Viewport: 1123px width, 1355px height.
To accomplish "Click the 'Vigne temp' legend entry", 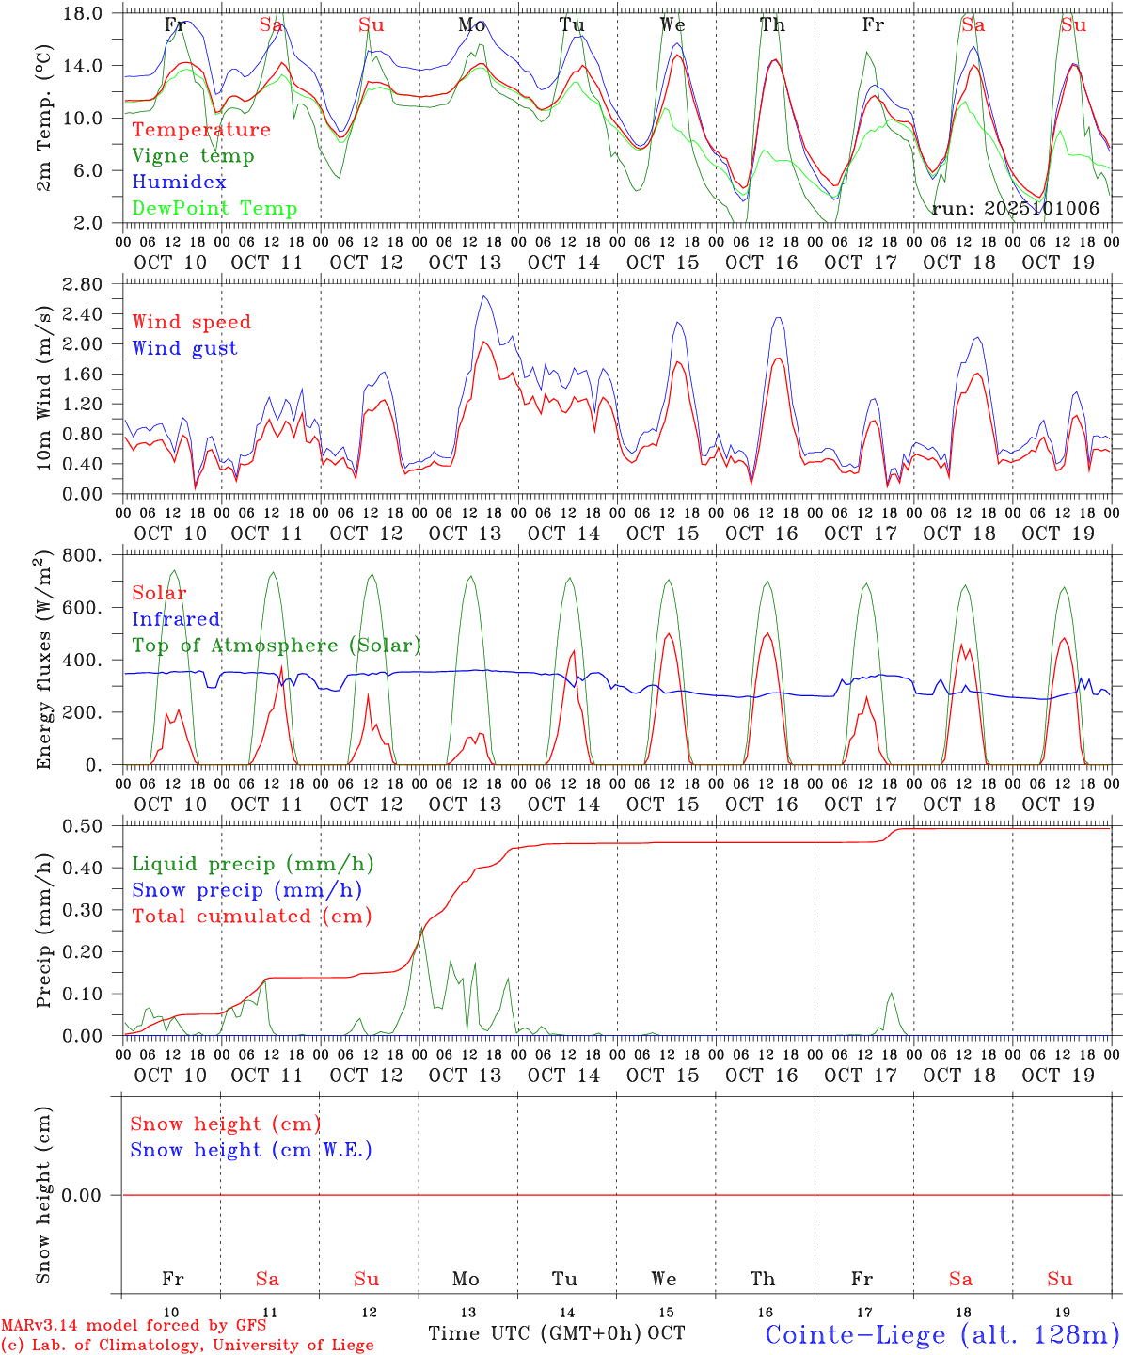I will click(x=193, y=156).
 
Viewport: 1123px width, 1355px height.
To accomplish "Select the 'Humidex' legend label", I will click(x=179, y=183).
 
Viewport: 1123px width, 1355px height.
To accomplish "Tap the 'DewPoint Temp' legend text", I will click(x=214, y=209).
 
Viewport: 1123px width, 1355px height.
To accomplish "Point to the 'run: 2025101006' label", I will click(x=1015, y=208).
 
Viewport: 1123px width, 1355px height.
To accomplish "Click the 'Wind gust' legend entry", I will click(x=184, y=348).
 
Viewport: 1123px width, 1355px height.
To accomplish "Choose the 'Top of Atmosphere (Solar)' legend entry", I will click(x=276, y=646).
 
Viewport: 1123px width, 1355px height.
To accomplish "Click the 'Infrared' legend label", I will click(x=176, y=619).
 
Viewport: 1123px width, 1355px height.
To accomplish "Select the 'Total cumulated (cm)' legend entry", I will click(x=251, y=917).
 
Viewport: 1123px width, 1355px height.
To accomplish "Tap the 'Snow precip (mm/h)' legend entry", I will click(x=246, y=890).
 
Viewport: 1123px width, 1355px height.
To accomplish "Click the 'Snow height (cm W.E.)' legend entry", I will click(x=251, y=1150).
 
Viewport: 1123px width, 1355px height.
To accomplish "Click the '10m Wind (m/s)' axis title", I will click(x=44, y=385).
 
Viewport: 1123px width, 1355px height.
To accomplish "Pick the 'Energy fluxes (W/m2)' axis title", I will click(x=44, y=662).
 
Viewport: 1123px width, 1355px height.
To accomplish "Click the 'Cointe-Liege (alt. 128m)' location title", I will click(x=941, y=1334).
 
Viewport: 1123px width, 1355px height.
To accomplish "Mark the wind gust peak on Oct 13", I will click(x=483, y=296).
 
